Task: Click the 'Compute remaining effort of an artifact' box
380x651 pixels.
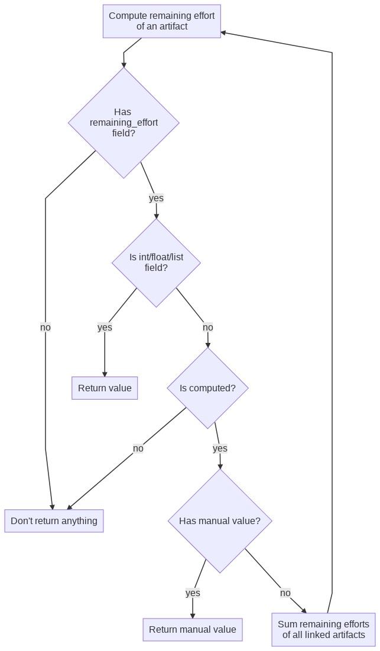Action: [161, 21]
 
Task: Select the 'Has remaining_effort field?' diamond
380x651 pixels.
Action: [124, 123]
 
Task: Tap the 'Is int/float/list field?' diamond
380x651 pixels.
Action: [156, 263]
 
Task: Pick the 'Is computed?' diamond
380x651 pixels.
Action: [207, 388]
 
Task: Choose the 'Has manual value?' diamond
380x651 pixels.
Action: [220, 521]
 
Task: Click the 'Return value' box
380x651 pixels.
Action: [105, 388]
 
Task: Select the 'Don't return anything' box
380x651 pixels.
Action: [54, 521]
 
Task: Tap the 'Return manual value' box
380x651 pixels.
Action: [193, 630]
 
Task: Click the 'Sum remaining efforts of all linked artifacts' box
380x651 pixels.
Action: [323, 630]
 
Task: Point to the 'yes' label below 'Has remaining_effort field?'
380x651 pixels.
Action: [156, 198]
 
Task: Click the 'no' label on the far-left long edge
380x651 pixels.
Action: [46, 328]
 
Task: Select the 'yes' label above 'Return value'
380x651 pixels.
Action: [105, 328]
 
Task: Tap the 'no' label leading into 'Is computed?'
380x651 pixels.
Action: [207, 328]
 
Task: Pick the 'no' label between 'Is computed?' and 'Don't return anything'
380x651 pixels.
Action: [138, 449]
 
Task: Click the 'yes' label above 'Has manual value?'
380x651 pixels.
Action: [220, 449]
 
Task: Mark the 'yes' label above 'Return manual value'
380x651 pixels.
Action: [193, 593]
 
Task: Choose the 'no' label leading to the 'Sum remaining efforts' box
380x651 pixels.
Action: [285, 593]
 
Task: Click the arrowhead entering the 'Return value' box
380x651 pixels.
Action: [105, 374]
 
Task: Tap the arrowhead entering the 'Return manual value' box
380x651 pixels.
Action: [193, 615]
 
